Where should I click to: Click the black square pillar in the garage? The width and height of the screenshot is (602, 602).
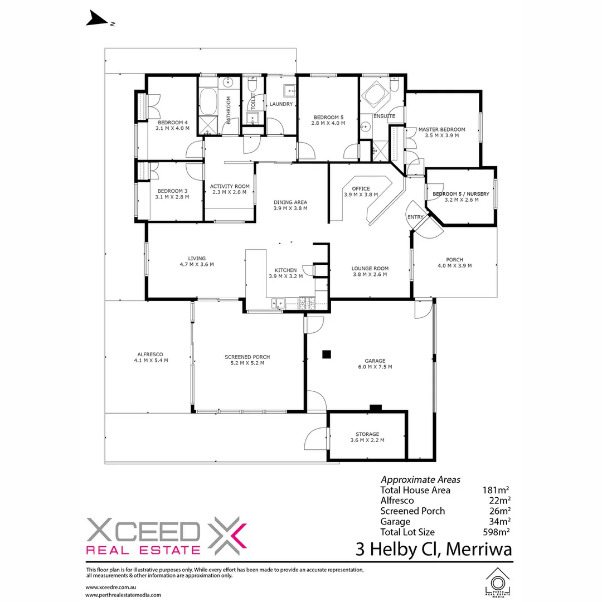[327, 353]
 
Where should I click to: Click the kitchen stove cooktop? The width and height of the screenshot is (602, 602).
[307, 303]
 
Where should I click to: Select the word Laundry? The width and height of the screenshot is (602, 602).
[281, 104]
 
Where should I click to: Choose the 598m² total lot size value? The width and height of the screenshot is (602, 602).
[498, 532]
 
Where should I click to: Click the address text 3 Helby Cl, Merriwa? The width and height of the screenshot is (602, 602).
[434, 549]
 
